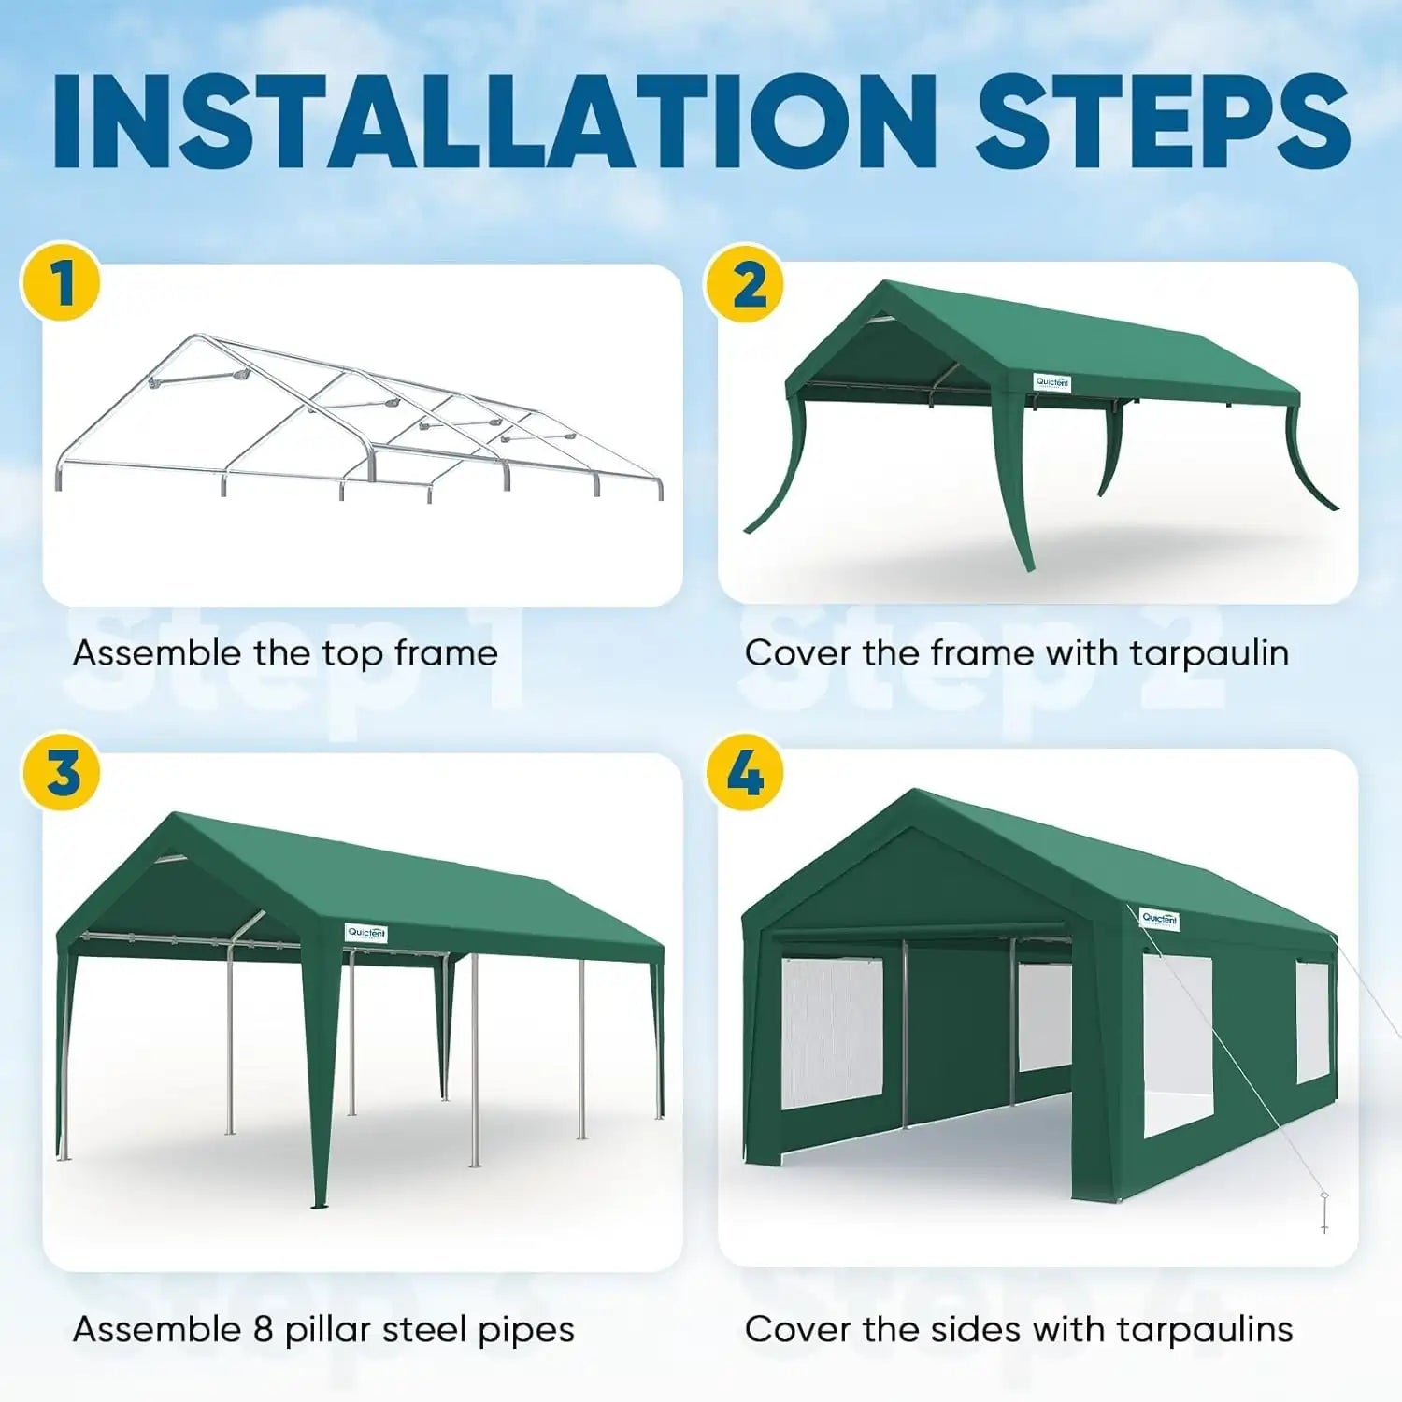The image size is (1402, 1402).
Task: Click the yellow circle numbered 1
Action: coord(61,282)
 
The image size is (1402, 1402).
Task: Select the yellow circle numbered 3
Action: coord(61,772)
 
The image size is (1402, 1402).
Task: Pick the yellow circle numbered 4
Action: coord(744,772)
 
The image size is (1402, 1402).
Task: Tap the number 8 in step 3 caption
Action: coord(263,1328)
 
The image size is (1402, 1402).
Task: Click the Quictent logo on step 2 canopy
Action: coord(1051,382)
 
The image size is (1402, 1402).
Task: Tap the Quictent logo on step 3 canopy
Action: coord(366,932)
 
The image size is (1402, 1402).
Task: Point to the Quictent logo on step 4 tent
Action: coord(1159,919)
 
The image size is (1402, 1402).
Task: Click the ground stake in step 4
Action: coord(1324,1211)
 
